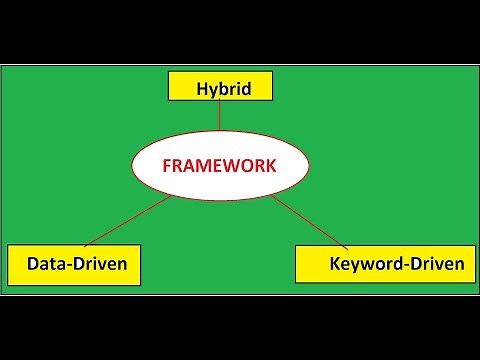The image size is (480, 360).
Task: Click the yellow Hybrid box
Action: pyautogui.click(x=220, y=88)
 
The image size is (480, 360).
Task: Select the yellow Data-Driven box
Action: pyautogui.click(x=73, y=264)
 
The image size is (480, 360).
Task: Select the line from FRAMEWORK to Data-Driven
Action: pyautogui.click(x=130, y=220)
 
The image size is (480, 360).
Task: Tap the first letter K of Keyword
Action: pyautogui.click(x=335, y=265)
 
